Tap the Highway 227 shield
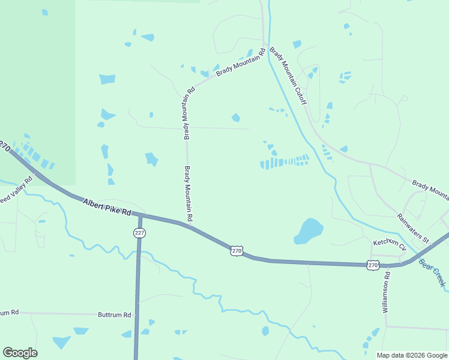(x=139, y=233)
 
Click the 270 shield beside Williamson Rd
(x=373, y=265)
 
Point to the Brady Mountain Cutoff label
(x=289, y=76)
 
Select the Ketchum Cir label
(x=390, y=244)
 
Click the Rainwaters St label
(x=413, y=228)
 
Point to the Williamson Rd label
(x=386, y=294)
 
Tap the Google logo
(x=20, y=353)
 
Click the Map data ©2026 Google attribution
(x=411, y=355)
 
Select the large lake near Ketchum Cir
(x=309, y=230)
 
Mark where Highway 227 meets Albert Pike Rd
(x=140, y=214)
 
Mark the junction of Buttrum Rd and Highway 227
(x=138, y=314)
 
